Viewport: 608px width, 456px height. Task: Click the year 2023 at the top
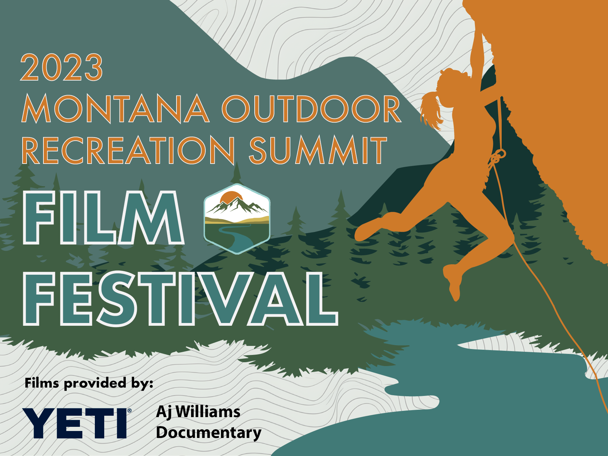point(61,67)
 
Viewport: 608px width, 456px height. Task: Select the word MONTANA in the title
point(116,109)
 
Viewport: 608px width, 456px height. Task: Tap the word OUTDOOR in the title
point(312,109)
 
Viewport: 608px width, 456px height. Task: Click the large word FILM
point(103,218)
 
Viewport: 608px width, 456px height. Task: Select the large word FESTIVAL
point(180,298)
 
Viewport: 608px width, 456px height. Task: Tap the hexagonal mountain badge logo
point(237,219)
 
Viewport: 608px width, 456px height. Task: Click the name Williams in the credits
point(208,412)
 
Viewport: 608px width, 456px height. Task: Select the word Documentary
point(208,433)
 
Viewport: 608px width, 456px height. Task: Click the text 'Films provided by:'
point(89,383)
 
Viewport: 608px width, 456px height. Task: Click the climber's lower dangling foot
point(453,281)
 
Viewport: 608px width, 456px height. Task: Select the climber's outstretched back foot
point(368,229)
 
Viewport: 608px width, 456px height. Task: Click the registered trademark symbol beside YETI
point(130,411)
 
